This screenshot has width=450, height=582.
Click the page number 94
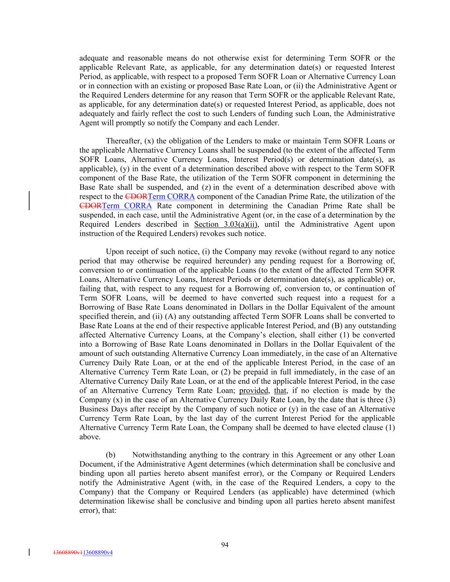(225, 544)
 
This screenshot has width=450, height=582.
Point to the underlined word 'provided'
(254, 391)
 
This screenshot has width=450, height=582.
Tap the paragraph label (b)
(111, 455)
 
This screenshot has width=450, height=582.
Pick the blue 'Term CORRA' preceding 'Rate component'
(127, 206)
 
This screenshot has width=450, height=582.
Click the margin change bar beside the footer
(29, 553)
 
